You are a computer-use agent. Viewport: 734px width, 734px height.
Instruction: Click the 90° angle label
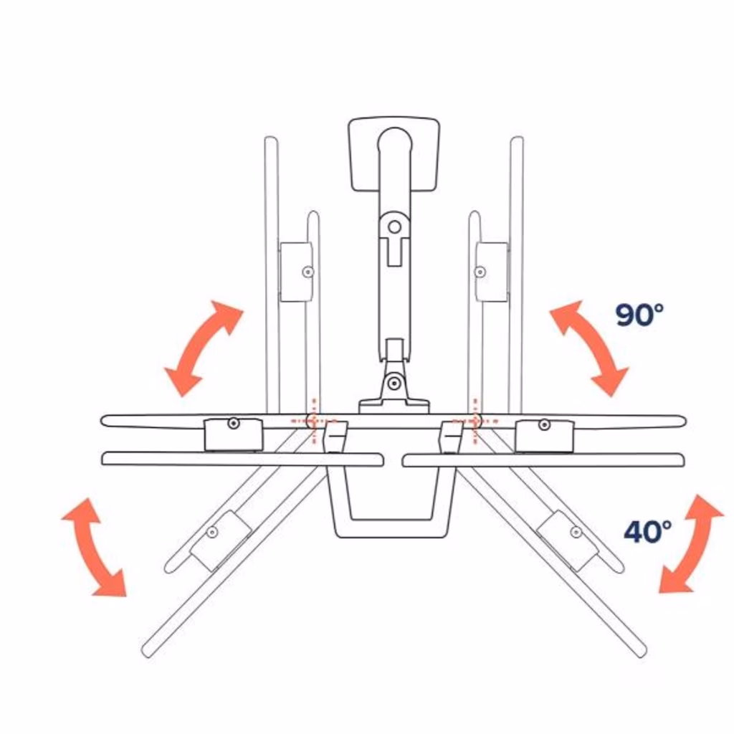pyautogui.click(x=639, y=315)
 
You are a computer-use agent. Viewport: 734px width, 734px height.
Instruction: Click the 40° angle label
pyautogui.click(x=648, y=531)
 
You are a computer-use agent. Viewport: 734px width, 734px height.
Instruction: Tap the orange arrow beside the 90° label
pyautogui.click(x=589, y=348)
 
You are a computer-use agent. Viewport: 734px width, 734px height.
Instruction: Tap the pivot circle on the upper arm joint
pyautogui.click(x=395, y=227)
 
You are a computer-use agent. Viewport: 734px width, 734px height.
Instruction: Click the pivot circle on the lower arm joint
pyautogui.click(x=394, y=383)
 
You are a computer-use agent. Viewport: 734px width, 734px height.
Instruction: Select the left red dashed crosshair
pyautogui.click(x=314, y=421)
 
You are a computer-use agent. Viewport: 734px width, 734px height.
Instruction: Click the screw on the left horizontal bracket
pyautogui.click(x=234, y=424)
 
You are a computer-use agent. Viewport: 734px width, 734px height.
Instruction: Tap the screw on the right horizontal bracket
pyautogui.click(x=544, y=425)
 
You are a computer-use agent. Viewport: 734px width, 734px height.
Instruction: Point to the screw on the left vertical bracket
pyautogui.click(x=308, y=272)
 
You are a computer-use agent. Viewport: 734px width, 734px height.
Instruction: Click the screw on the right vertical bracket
pyautogui.click(x=480, y=272)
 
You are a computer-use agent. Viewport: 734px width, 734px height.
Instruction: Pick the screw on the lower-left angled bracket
pyautogui.click(x=212, y=532)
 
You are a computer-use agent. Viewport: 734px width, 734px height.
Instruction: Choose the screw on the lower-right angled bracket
pyautogui.click(x=576, y=532)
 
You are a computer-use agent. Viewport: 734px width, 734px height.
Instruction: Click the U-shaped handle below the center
pyautogui.click(x=391, y=528)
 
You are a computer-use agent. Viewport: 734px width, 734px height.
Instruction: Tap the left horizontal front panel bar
pyautogui.click(x=242, y=459)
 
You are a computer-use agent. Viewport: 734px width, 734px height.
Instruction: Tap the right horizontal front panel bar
pyautogui.click(x=543, y=460)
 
